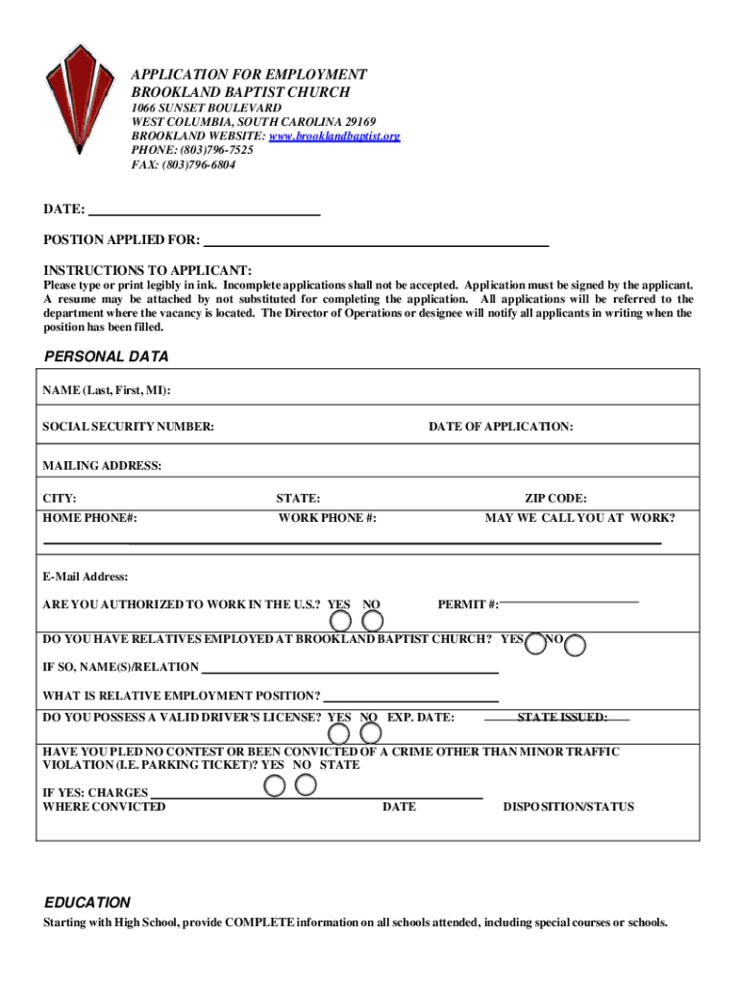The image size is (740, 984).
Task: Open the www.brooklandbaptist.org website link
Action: [333, 136]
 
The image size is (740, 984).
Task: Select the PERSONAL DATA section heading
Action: [107, 357]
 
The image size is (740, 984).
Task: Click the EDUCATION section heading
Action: [87, 902]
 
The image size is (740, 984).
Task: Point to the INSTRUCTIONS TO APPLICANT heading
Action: [147, 270]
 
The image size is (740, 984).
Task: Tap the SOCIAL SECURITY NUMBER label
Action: [129, 426]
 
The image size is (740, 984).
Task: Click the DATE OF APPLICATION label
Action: [501, 426]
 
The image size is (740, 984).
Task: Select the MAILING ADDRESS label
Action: [102, 466]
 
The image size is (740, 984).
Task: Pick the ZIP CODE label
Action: [555, 499]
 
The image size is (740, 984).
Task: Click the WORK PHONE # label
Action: [327, 518]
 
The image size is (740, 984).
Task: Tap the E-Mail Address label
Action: [86, 578]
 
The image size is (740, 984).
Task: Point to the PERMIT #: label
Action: [468, 604]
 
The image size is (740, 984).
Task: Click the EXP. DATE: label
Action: [421, 717]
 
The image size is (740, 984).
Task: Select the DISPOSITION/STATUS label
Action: [569, 806]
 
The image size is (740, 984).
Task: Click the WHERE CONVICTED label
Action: [104, 806]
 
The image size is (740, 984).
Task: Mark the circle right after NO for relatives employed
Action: [576, 645]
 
